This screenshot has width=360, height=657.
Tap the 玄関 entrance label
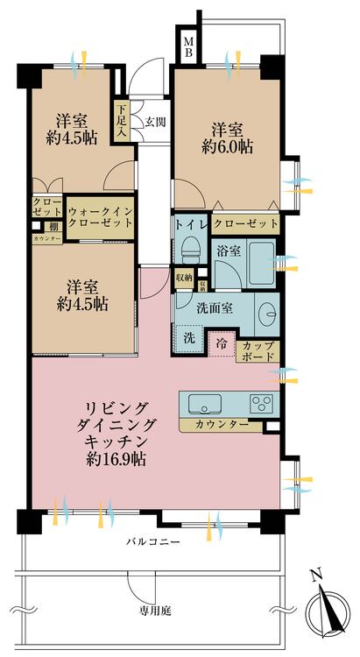(x=154, y=121)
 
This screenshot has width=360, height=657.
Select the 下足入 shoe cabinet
(x=121, y=121)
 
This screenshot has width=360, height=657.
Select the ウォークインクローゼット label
(x=100, y=216)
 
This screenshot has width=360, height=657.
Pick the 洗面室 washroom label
(x=215, y=309)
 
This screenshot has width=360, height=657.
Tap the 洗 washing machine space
(x=189, y=337)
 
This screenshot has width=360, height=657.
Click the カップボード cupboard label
(x=258, y=350)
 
